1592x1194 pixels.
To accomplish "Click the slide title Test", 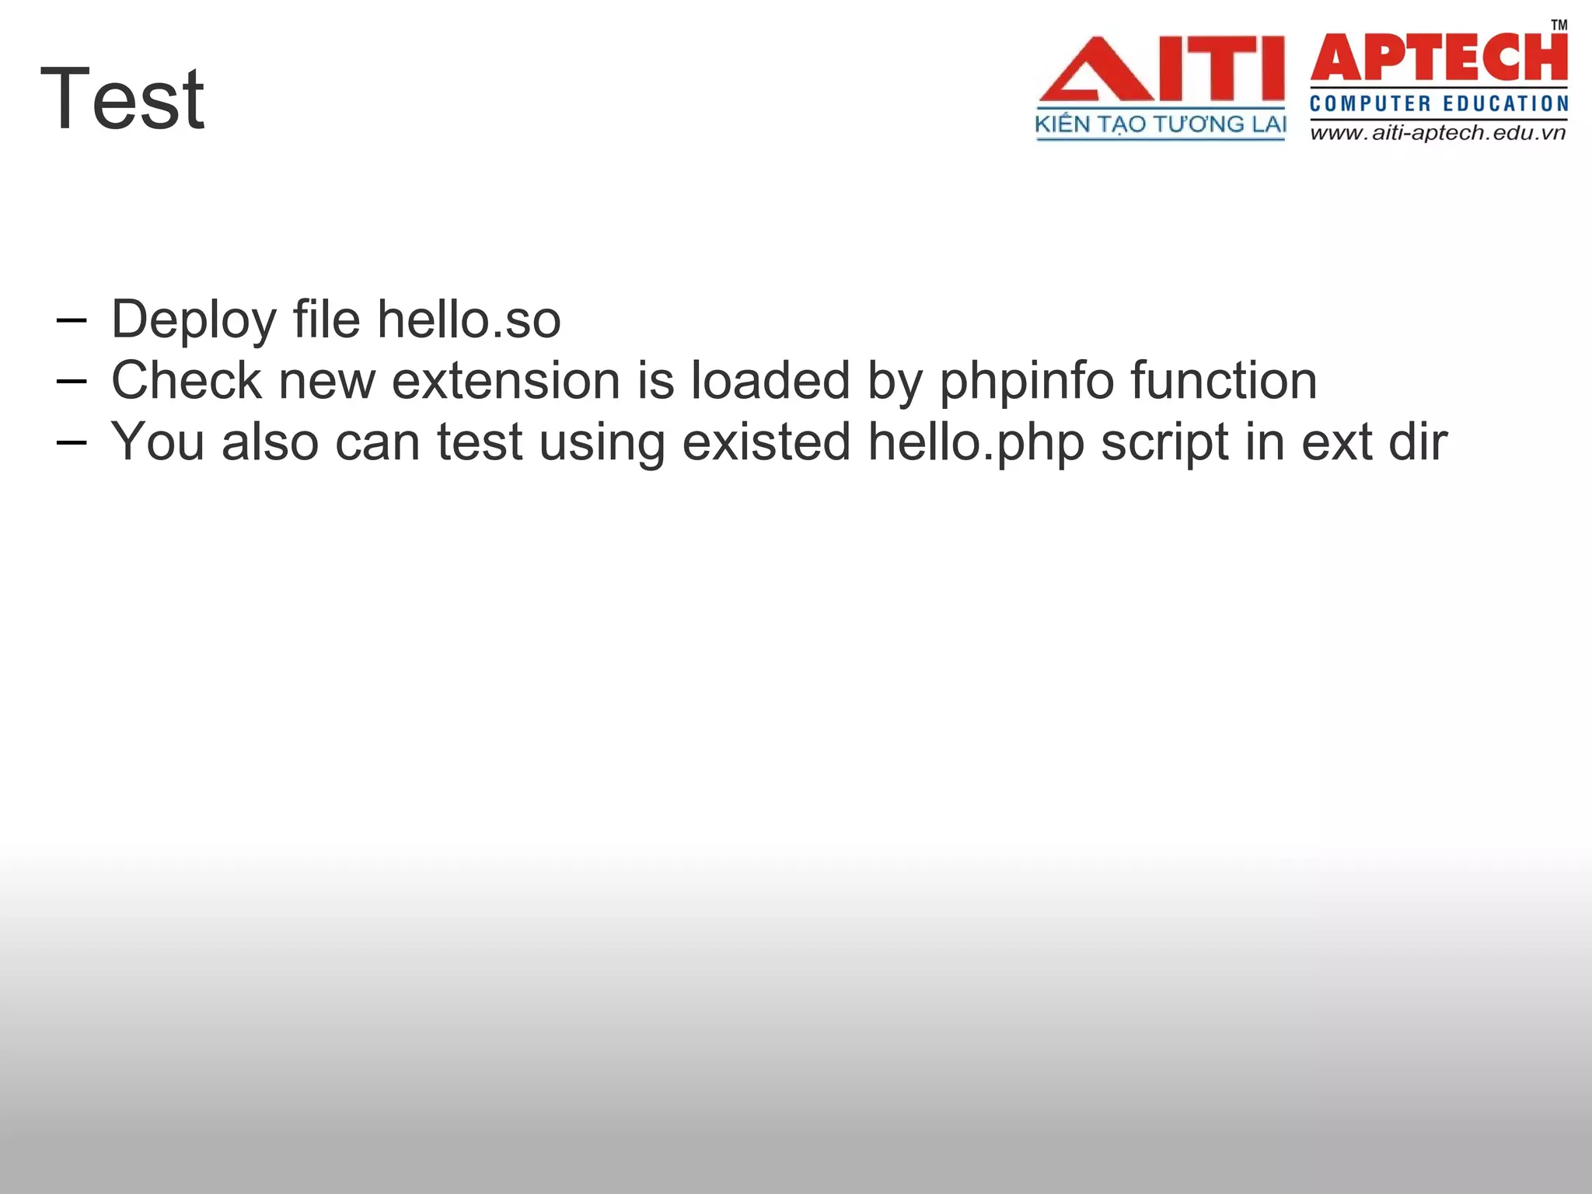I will [122, 99].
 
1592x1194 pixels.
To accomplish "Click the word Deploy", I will [194, 320].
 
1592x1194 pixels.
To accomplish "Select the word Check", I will [187, 381].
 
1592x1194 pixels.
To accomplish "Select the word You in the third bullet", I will [158, 442].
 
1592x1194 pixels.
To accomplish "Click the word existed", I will [766, 442].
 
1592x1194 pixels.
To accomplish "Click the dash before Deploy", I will [72, 320].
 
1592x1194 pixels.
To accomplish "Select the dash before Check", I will [72, 381].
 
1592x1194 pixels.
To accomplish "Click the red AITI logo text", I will [1161, 70].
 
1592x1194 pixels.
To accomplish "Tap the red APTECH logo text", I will [1439, 58].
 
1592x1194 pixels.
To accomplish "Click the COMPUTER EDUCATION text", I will [1439, 104].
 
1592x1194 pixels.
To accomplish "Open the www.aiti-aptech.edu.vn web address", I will [1438, 133].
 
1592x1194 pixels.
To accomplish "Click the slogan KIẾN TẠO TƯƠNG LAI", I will [1161, 124].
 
